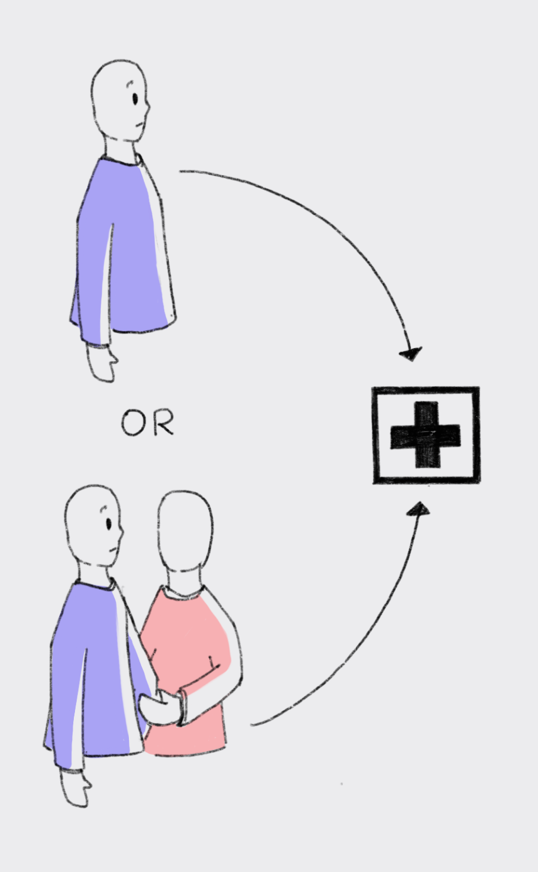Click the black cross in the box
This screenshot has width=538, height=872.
[x=425, y=435]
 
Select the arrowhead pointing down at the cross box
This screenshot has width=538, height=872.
[x=411, y=353]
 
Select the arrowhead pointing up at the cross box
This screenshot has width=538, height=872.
[x=419, y=509]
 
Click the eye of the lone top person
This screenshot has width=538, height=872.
[x=135, y=98]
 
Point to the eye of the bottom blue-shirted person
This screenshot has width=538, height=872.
[x=108, y=523]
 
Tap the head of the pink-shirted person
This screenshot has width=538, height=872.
[x=185, y=530]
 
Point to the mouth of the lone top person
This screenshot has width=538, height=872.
[x=139, y=124]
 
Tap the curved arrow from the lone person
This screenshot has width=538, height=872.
[x=328, y=223]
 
